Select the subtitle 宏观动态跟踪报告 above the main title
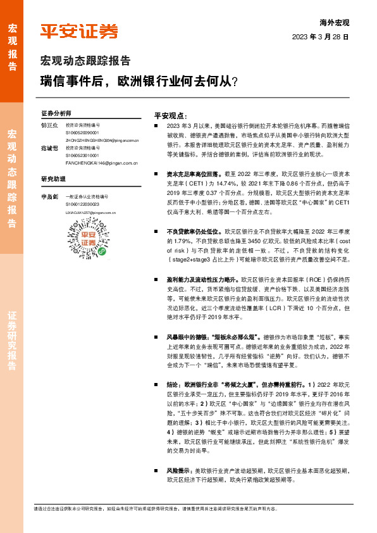85,61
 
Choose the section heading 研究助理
53,179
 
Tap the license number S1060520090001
82,133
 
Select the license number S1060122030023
82,204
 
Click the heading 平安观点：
170,116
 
